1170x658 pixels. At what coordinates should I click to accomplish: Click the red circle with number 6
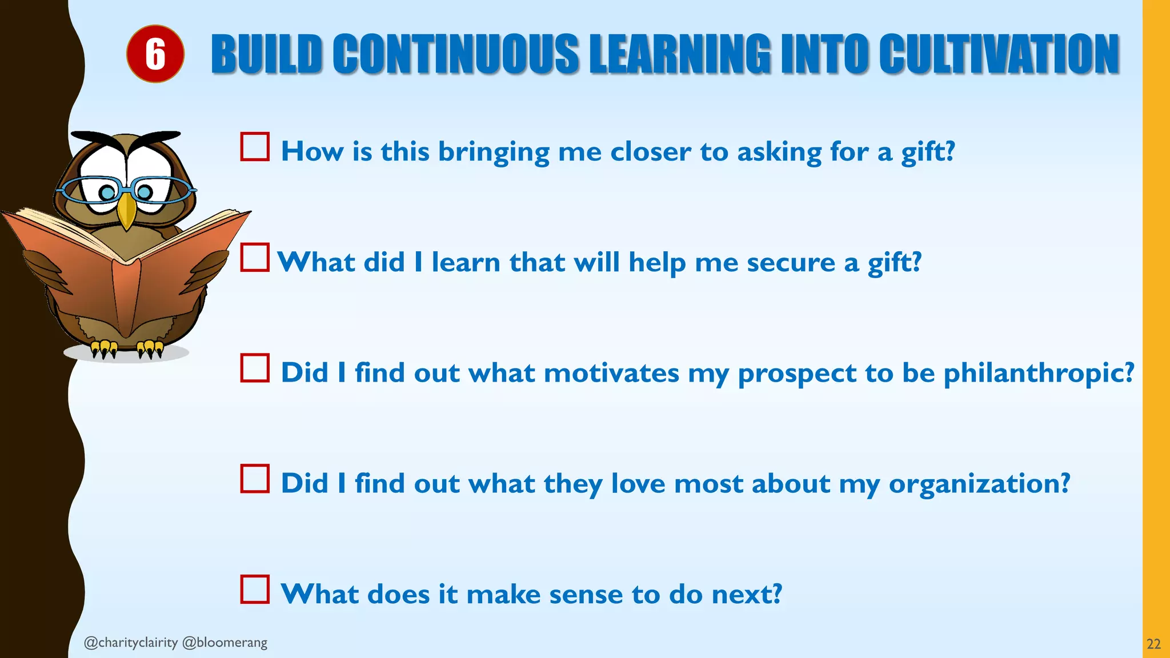(155, 54)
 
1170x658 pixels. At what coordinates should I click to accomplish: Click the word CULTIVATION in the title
(999, 54)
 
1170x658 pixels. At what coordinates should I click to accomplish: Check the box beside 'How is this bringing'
(255, 147)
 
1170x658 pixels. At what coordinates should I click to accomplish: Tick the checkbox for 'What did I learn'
(255, 257)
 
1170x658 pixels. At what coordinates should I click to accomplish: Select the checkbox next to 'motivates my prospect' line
(255, 368)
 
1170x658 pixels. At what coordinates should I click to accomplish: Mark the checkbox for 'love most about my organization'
(255, 479)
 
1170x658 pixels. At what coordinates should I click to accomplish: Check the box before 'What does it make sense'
(255, 589)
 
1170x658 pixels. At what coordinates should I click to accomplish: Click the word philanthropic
(1038, 374)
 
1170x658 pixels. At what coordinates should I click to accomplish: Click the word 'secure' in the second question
(791, 263)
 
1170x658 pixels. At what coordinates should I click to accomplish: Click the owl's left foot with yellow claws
(105, 348)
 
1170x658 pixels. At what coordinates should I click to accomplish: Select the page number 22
(1153, 644)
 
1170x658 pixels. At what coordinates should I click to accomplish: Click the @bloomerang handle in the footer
(225, 643)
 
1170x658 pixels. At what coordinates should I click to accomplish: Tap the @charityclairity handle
(131, 643)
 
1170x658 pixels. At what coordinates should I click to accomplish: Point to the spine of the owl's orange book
(126, 297)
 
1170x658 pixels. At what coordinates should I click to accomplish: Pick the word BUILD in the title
(267, 54)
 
